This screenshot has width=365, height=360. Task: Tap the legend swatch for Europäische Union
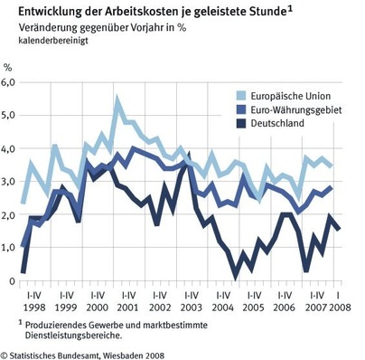[238, 95]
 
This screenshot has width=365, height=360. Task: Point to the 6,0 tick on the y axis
[9, 81]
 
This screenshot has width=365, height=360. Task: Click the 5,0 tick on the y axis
[9, 115]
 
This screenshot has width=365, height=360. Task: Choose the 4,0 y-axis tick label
[9, 148]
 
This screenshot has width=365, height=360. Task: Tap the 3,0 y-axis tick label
[9, 182]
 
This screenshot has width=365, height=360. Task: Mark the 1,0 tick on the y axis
[9, 248]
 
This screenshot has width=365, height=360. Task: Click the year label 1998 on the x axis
[34, 308]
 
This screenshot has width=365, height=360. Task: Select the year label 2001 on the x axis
[126, 308]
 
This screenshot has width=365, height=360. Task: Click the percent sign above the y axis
[8, 67]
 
